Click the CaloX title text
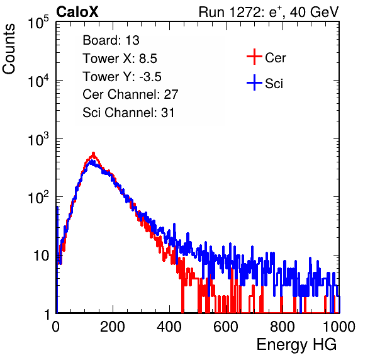point(77,12)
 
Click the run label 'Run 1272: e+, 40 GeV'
point(269,12)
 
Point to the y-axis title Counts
point(9,49)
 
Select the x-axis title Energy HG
point(296,345)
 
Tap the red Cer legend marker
point(254,57)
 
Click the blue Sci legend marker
point(254,82)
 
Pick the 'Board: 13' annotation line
point(111,40)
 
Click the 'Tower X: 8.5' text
point(120,59)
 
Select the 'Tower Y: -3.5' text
point(122,77)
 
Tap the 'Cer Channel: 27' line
point(130,94)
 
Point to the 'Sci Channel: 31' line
point(128,113)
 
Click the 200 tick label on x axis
point(113,327)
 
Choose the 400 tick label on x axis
point(169,327)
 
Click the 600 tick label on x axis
point(226,327)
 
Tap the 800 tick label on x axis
point(283,327)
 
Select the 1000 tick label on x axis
point(339,327)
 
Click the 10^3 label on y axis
point(38,138)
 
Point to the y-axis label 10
point(41,256)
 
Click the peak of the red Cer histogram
point(94,154)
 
